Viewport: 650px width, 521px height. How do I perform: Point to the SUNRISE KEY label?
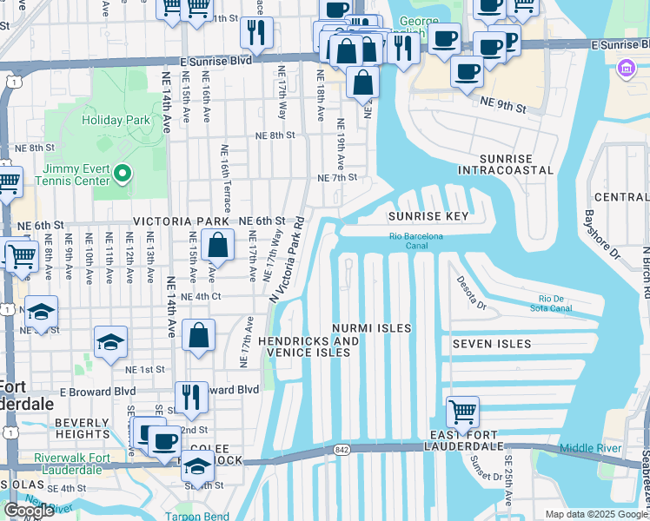coord(428,215)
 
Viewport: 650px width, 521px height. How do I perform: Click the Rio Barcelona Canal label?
coord(415,241)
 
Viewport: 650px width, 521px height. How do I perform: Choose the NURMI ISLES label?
coord(371,328)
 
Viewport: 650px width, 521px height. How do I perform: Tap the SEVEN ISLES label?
coord(491,344)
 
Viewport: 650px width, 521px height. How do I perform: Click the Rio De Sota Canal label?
coord(550,302)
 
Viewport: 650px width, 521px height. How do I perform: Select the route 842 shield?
coord(341,449)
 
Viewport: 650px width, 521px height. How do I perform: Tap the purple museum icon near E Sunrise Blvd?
coord(626,68)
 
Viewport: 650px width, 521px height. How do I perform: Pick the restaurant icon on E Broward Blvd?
coord(191,397)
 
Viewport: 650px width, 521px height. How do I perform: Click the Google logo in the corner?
coord(29,510)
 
